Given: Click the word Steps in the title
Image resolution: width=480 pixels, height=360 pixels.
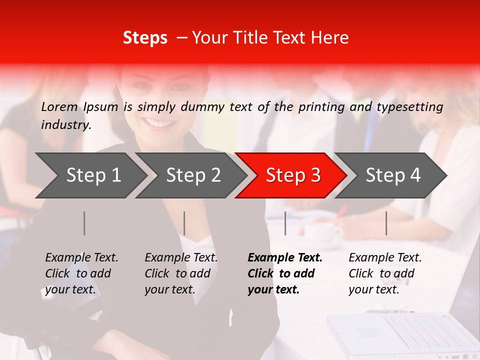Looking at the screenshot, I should [145, 38].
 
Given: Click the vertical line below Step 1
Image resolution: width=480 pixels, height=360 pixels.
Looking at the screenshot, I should [84, 223].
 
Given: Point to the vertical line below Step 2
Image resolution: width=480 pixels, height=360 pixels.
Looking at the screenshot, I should [184, 223].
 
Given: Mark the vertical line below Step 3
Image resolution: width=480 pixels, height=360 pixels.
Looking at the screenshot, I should [285, 223].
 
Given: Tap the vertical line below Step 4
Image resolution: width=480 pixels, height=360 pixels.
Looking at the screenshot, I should [386, 223].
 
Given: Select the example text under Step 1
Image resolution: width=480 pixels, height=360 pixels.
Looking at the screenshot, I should [81, 273].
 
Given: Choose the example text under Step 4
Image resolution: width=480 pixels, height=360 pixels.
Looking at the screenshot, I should [385, 273].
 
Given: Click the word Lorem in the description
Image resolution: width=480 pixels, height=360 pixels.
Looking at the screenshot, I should [59, 106].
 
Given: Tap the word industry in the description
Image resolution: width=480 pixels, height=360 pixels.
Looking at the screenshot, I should [65, 124].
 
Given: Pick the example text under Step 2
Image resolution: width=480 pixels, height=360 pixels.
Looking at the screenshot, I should [181, 273].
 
